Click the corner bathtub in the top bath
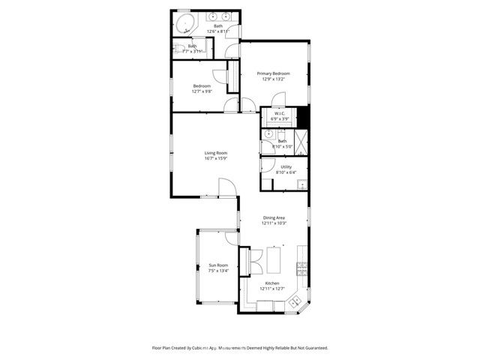point(184,22)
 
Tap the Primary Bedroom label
point(273,73)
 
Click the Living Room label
point(216,153)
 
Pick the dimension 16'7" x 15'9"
point(216,159)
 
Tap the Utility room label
point(286,166)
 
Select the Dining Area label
point(274,217)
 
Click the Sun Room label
point(218,265)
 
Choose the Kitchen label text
point(271,283)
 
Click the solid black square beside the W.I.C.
point(302,118)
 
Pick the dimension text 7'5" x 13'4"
point(218,271)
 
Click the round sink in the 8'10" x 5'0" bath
point(268,133)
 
